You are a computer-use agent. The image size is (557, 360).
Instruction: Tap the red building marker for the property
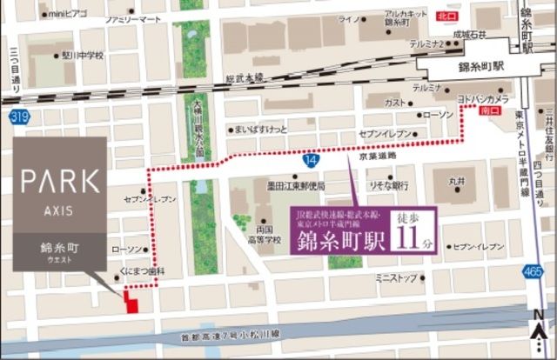click(x=131, y=302)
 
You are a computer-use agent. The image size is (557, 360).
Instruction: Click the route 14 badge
click(x=311, y=160)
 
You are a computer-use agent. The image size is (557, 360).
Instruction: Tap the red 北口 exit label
click(x=446, y=16)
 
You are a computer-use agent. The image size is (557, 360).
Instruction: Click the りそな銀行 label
click(x=389, y=185)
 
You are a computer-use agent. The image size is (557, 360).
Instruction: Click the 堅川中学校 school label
click(x=82, y=55)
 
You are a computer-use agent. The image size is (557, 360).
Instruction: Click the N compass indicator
click(x=539, y=315)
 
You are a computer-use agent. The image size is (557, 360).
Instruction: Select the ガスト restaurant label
click(x=394, y=102)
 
